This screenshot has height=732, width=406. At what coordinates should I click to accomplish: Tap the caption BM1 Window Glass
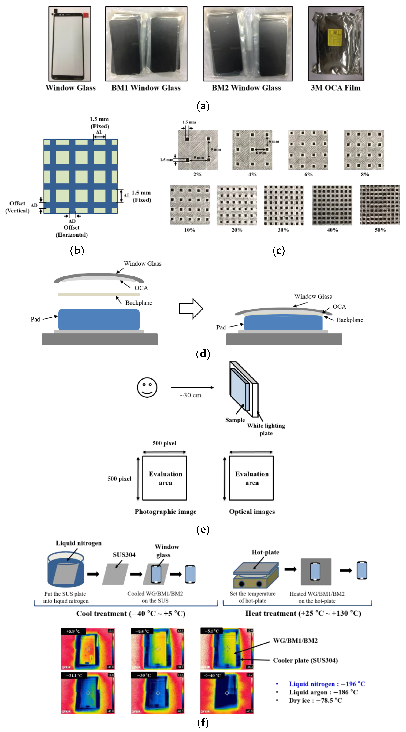(x=146, y=88)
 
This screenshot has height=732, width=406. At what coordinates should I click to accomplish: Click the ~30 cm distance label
(x=190, y=395)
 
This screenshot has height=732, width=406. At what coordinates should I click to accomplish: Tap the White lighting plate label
(x=266, y=429)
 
